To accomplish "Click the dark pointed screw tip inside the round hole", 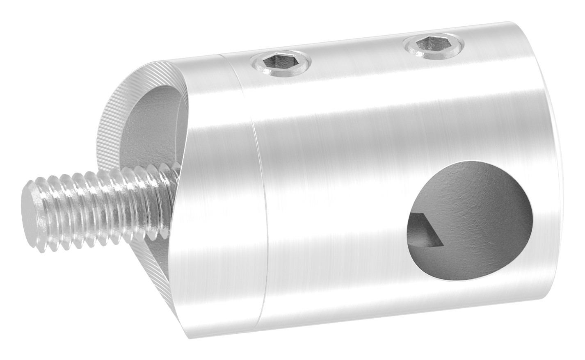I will [x=427, y=232].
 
